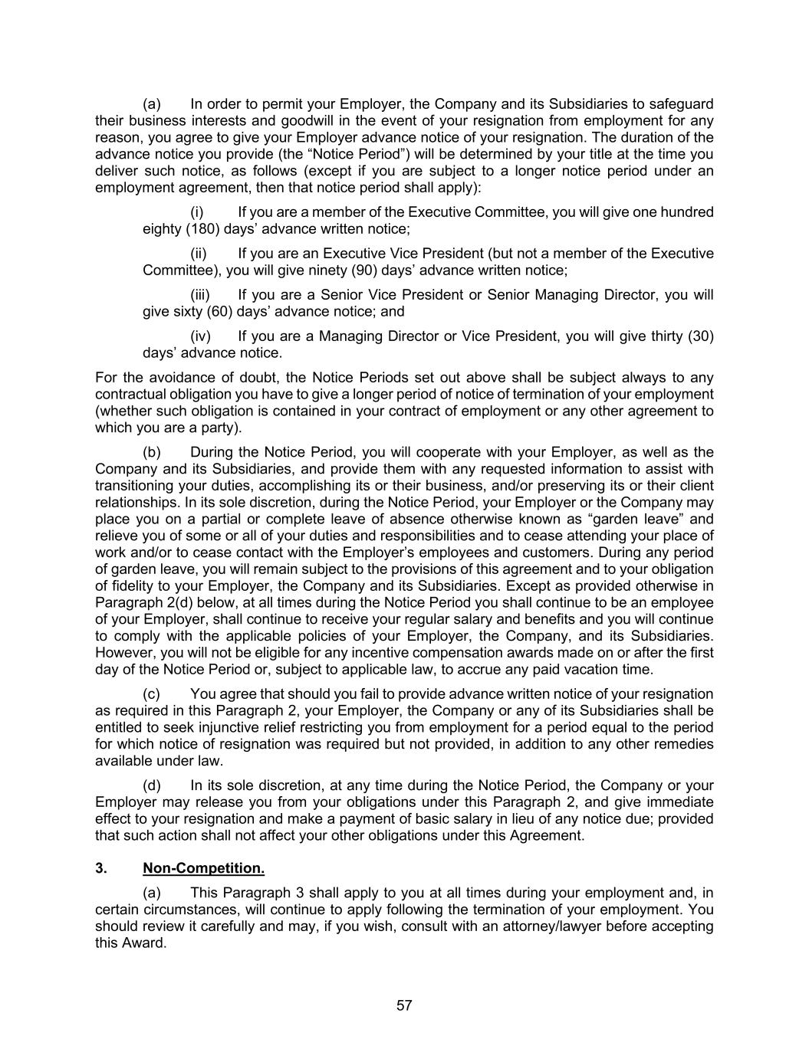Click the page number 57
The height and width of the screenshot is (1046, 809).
tap(404, 1005)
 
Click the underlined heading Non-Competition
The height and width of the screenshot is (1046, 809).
tap(203, 867)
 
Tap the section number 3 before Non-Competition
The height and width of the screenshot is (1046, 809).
tap(100, 867)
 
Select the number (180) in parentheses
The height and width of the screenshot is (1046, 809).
tap(204, 229)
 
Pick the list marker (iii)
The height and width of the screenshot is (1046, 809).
tap(200, 295)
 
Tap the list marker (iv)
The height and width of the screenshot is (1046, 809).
tap(200, 336)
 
